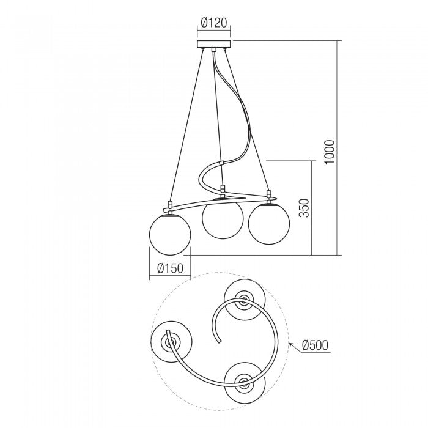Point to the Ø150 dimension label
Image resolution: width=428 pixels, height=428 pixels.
click(170, 268)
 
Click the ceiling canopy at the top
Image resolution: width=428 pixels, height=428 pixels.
click(214, 45)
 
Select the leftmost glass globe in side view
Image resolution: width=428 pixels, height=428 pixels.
click(170, 234)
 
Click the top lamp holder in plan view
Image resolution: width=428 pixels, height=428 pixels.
click(244, 299)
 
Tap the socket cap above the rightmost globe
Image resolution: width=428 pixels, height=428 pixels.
click(268, 196)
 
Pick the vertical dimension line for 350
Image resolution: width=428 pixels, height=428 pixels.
click(312, 208)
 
